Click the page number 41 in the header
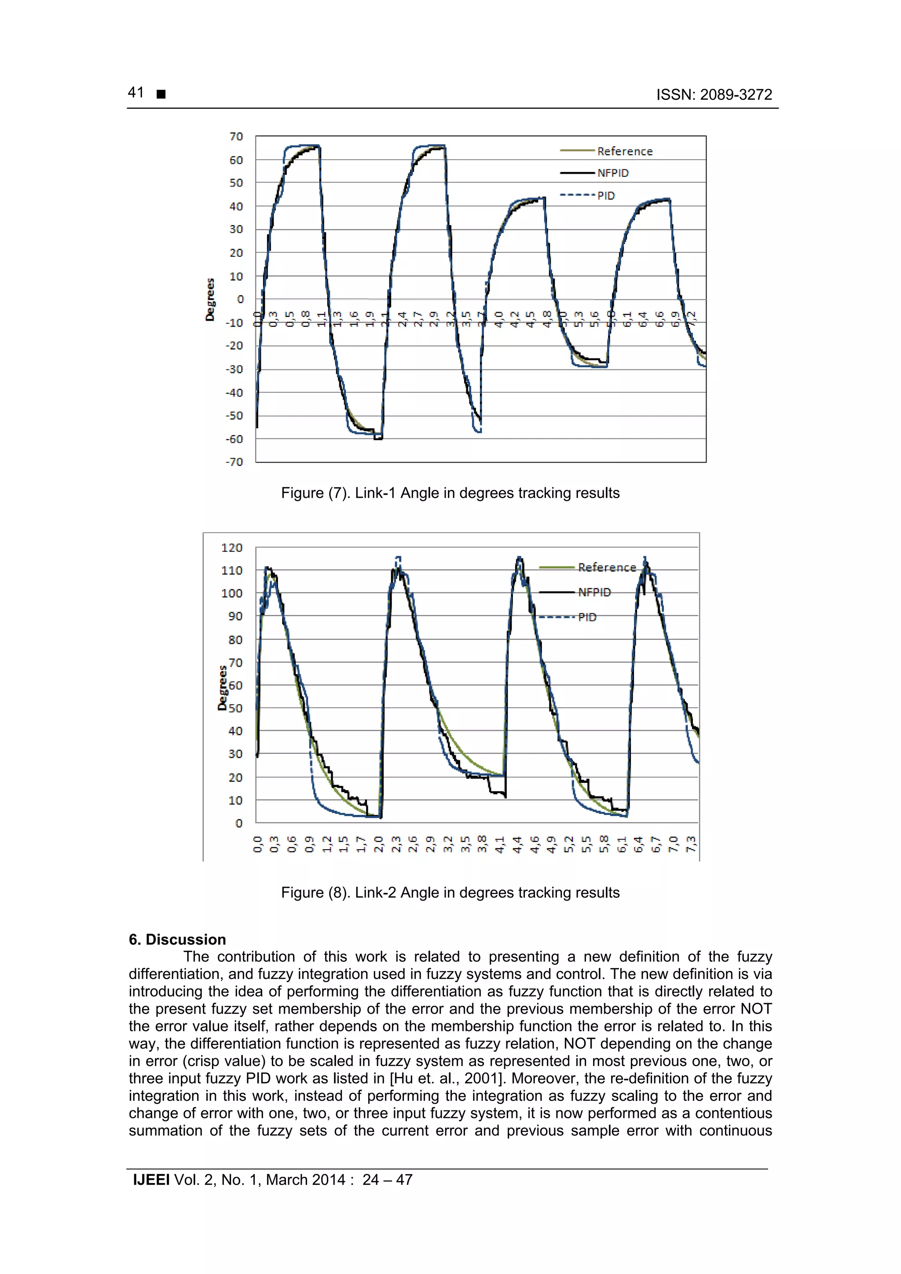tap(136, 93)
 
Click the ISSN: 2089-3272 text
tap(714, 95)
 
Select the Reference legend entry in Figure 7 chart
tap(625, 151)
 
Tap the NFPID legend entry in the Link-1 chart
tap(613, 173)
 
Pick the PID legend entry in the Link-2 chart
tap(587, 617)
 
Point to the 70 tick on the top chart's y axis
tap(236, 136)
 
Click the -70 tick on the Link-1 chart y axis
tap(234, 462)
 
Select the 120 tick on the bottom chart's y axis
tap(231, 548)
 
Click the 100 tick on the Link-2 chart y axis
tap(231, 593)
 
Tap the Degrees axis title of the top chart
tap(210, 299)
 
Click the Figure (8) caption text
tap(450, 892)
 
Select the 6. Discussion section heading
tap(177, 939)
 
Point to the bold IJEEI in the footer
tap(151, 1180)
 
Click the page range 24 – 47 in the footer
tap(387, 1180)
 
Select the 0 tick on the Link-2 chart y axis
tap(239, 823)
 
